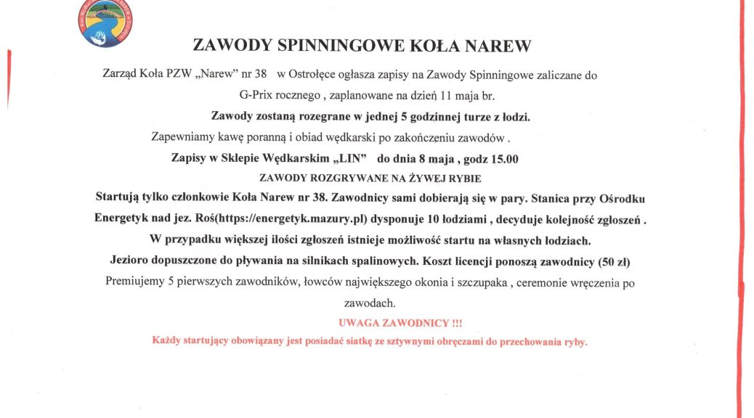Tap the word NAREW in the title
pos(498,46)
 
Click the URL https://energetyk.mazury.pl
pos(305,218)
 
